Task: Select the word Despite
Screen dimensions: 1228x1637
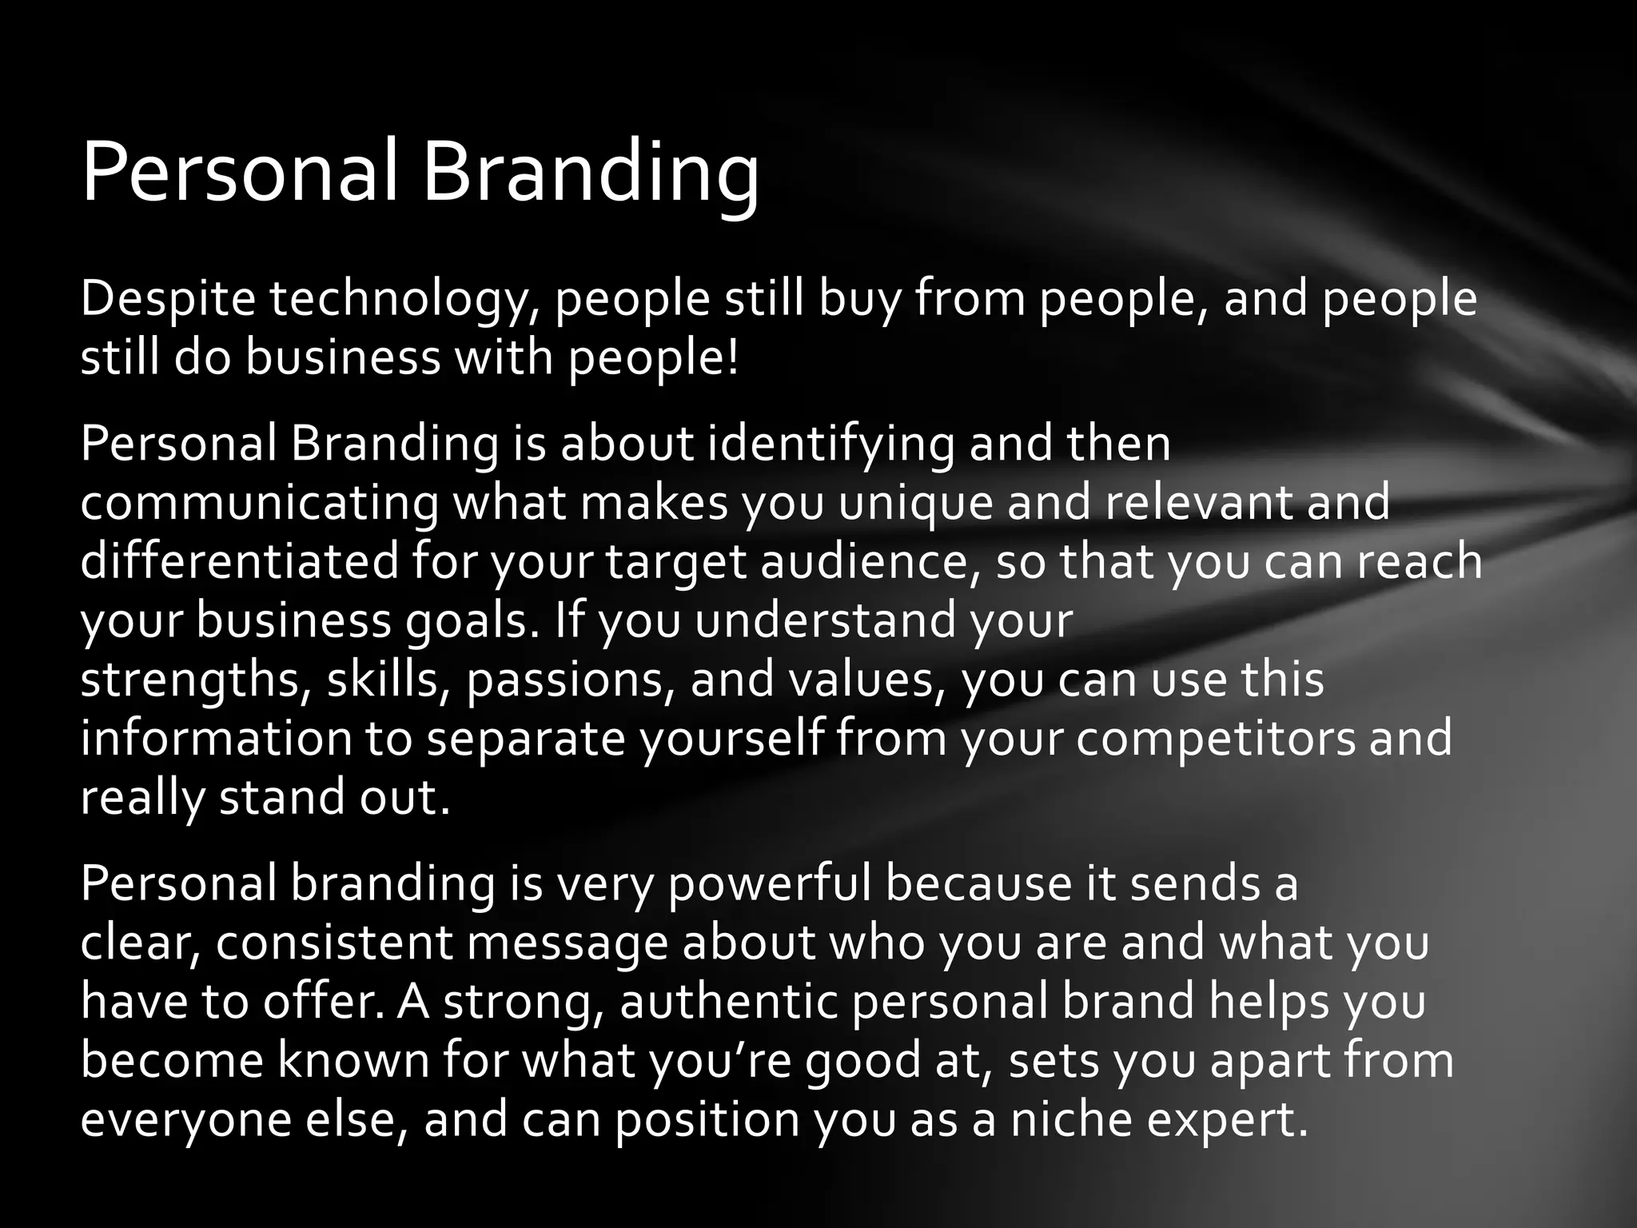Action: click(168, 299)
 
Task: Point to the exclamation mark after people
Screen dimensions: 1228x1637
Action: click(733, 358)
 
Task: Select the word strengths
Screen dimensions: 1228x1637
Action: click(189, 681)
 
